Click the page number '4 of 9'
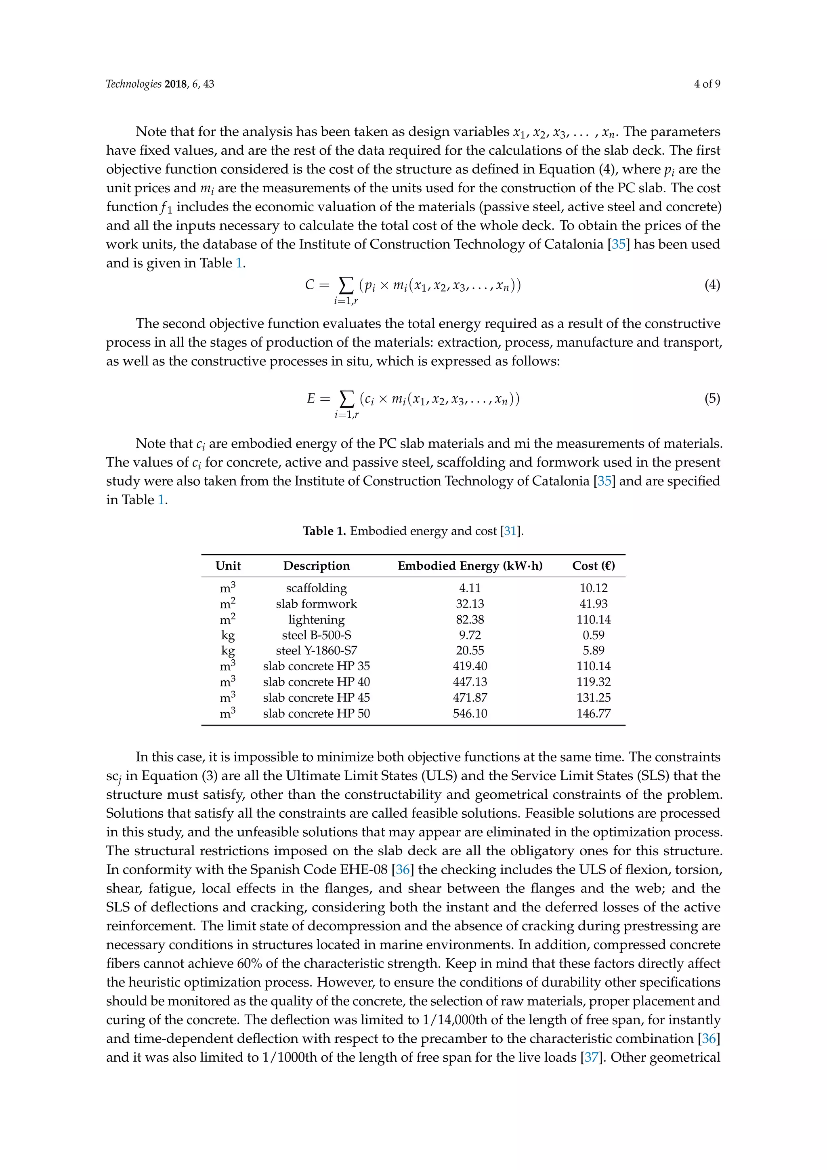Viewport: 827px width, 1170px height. point(706,84)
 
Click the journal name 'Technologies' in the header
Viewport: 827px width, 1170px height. point(133,84)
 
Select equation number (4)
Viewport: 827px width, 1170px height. point(712,285)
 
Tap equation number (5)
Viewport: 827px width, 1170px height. point(712,398)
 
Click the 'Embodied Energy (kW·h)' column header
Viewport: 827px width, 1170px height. point(470,566)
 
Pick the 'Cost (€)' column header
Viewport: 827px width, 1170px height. point(593,566)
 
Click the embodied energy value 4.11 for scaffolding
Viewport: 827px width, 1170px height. point(470,588)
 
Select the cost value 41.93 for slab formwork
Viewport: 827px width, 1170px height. point(593,604)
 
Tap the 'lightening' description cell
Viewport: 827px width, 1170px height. point(316,620)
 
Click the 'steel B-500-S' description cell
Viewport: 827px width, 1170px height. point(316,635)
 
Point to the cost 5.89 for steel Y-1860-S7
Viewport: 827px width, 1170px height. point(593,651)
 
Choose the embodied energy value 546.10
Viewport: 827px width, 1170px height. point(470,713)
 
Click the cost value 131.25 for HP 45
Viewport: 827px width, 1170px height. point(593,698)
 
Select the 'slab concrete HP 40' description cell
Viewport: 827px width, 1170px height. point(316,682)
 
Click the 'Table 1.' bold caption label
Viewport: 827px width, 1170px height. point(324,531)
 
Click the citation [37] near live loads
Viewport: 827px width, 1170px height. point(591,1057)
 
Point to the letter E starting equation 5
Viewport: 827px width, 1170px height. point(311,398)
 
